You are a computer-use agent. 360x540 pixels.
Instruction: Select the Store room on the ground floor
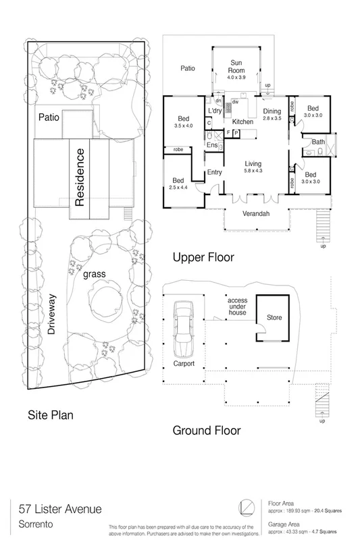point(274,317)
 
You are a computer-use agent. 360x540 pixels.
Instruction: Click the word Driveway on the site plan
point(51,318)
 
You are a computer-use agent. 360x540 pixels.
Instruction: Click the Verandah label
point(256,215)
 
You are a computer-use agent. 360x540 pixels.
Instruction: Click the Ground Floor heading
point(205,430)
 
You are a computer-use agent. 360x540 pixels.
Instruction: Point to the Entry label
point(215,172)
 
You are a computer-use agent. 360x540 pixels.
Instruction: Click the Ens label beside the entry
point(211,144)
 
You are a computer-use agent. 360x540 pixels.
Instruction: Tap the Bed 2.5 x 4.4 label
point(178,184)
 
